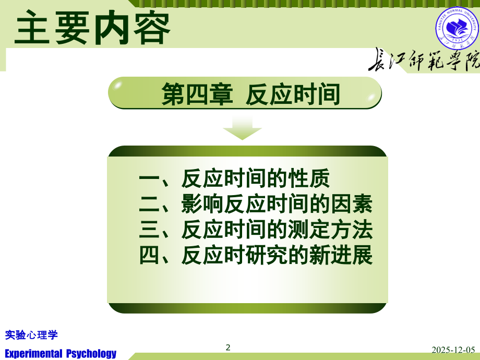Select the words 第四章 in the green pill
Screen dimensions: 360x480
pyautogui.click(x=196, y=95)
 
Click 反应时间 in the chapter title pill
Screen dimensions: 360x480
pyautogui.click(x=293, y=95)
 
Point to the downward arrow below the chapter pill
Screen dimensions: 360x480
pyautogui.click(x=242, y=128)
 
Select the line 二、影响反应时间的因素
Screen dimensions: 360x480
pyautogui.click(x=256, y=205)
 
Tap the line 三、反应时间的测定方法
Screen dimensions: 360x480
pyautogui.click(x=256, y=230)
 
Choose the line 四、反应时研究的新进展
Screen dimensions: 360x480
pyautogui.click(x=256, y=255)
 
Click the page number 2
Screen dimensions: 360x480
pyautogui.click(x=227, y=347)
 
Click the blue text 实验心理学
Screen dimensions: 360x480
pyautogui.click(x=31, y=334)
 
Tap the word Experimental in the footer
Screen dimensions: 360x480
pyautogui.click(x=33, y=353)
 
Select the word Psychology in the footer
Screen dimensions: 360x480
pyautogui.click(x=91, y=353)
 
